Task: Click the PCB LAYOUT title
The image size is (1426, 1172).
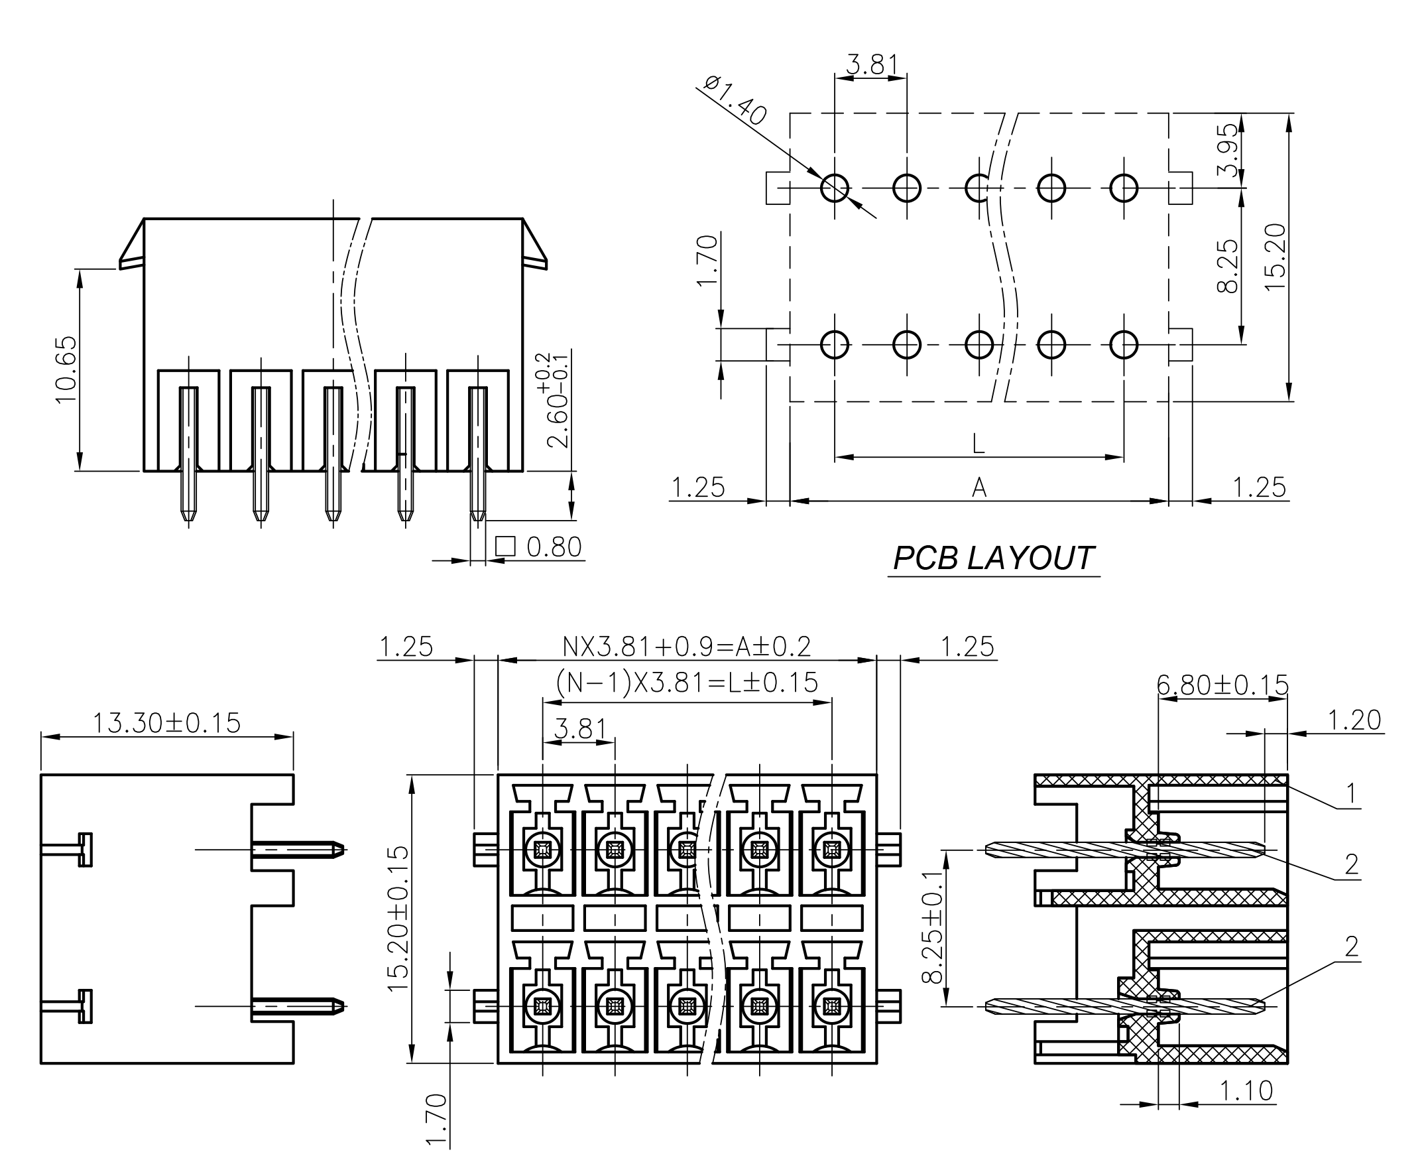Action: pos(992,558)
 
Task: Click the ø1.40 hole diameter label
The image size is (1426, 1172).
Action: pos(735,101)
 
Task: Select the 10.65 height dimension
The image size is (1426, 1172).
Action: pos(66,370)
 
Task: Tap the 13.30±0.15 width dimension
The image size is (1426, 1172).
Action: pos(166,723)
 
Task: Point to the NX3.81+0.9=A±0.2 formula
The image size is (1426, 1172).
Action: pos(686,647)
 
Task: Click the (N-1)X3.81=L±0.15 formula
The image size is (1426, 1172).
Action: pos(686,683)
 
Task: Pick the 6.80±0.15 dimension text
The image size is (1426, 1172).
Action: pos(1222,685)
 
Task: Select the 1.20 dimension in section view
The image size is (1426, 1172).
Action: pos(1354,720)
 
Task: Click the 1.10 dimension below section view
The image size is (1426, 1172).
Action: pos(1246,1090)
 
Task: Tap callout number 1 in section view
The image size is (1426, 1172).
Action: pos(1350,793)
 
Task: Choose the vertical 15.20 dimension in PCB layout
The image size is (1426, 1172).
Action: pos(1276,257)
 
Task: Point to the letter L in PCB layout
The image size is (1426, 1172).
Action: pos(978,444)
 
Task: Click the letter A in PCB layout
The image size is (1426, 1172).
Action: pos(979,487)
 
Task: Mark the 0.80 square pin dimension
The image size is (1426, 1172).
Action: pos(553,547)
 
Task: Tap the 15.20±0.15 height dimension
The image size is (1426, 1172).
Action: pos(398,919)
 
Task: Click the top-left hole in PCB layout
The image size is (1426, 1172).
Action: pos(834,188)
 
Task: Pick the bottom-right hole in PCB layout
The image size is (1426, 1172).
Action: pos(1123,345)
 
